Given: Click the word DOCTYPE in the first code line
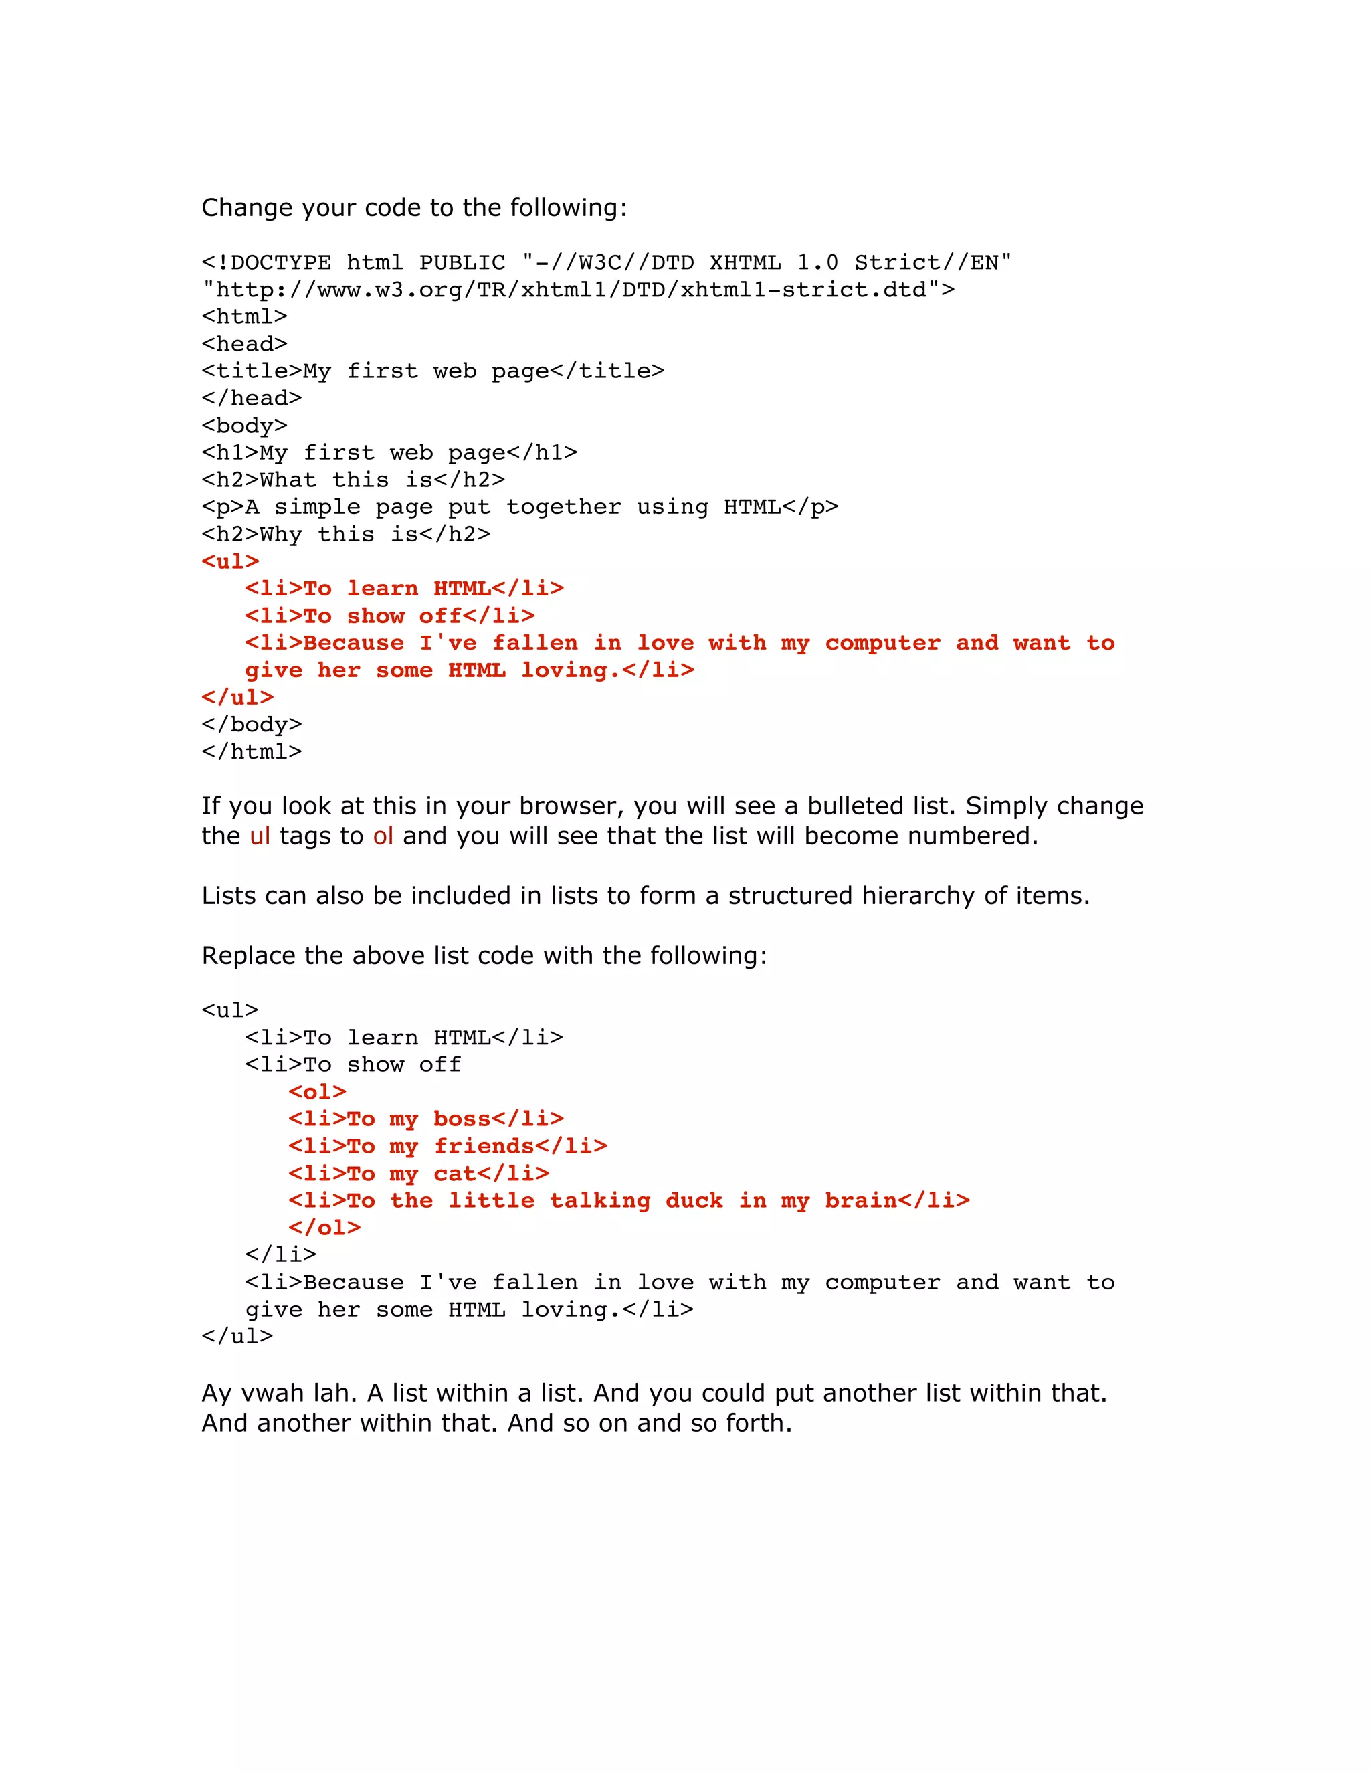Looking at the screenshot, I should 281,263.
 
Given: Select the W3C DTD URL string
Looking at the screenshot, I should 578,290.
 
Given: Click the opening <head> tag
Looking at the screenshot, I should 244,344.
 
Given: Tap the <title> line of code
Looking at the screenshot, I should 433,371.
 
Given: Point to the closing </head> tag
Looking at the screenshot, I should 252,399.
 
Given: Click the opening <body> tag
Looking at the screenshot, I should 244,426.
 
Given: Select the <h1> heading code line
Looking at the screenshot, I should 389,453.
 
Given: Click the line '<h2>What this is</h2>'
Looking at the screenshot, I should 353,480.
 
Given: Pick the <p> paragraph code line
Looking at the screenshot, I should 519,507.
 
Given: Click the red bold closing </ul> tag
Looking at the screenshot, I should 237,697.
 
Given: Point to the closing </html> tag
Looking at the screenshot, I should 252,752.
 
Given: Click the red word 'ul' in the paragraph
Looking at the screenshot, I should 260,836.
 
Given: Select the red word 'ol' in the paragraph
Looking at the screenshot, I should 383,836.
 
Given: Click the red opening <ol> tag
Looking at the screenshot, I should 317,1092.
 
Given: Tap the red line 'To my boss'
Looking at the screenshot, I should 426,1119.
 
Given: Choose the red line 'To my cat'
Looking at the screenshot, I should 419,1174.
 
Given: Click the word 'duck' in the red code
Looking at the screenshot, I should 694,1201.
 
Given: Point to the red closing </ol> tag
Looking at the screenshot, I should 324,1228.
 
